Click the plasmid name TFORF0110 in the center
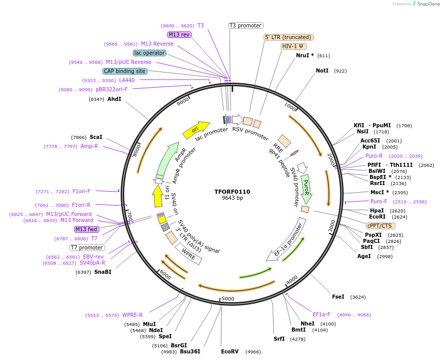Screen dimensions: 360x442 pos(232,192)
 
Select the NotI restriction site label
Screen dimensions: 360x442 pos(322,70)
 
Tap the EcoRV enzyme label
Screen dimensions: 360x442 pos(230,351)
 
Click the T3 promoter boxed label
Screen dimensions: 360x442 pos(245,25)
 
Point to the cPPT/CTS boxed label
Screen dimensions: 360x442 pos(380,226)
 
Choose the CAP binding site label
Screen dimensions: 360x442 pos(125,71)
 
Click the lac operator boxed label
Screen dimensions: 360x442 pos(150,53)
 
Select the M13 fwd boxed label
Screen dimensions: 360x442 pos(86,229)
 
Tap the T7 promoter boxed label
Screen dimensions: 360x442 pos(87,248)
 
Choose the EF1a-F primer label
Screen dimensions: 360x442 pos(321,314)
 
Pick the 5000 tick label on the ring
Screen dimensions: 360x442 pos(228,299)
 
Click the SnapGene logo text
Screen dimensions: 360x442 pos(426,4)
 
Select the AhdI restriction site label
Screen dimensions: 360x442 pos(114,99)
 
